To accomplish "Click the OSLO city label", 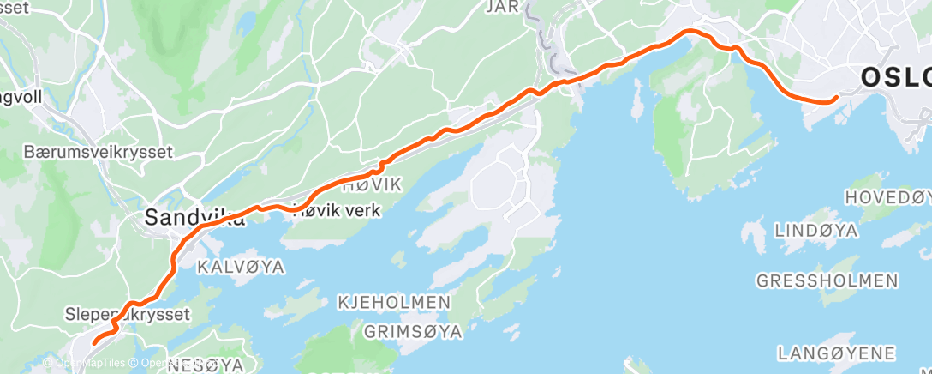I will (895, 78).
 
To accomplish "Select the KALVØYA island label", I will (240, 267).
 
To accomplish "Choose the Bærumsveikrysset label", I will (99, 152).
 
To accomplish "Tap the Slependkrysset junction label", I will (127, 315).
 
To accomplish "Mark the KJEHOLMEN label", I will (393, 302).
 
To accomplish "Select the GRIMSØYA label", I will (414, 330).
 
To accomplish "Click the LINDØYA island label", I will (816, 231).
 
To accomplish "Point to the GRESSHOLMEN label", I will (827, 280).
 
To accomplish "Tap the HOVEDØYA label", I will (889, 197).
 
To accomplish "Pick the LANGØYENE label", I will (836, 353).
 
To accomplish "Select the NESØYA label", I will (206, 365).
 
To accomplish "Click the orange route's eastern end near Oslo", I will (833, 100).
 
